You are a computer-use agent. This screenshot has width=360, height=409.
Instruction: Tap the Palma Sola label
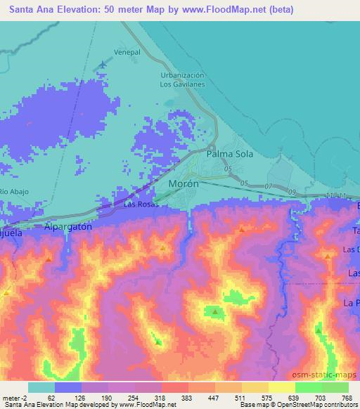229,152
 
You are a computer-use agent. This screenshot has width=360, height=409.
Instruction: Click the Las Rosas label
139,204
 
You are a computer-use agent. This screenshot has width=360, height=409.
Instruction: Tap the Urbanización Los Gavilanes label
182,79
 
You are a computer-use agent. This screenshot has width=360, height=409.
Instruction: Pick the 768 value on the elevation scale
345,397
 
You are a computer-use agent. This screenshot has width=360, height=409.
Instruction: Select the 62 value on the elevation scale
51,397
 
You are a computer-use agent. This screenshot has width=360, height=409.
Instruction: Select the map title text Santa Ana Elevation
56,11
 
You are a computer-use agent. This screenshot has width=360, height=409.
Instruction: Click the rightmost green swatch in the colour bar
335,387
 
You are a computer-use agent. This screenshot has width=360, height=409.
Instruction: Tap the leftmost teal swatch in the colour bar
41,387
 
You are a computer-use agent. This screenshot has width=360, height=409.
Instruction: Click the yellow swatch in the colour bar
281,387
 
